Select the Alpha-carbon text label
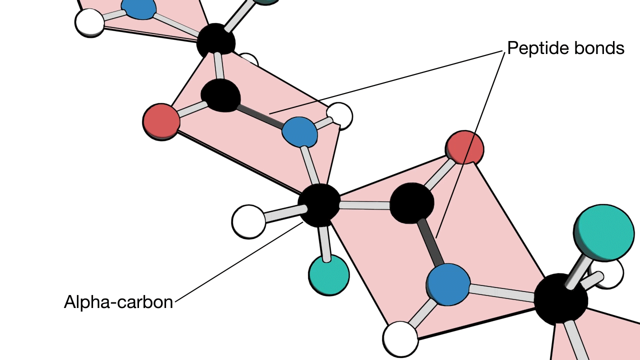(118, 302)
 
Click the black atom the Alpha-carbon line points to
(319, 205)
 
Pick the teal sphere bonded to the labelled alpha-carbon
(328, 275)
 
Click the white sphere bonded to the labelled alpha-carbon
(248, 221)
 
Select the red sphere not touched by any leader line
(161, 122)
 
